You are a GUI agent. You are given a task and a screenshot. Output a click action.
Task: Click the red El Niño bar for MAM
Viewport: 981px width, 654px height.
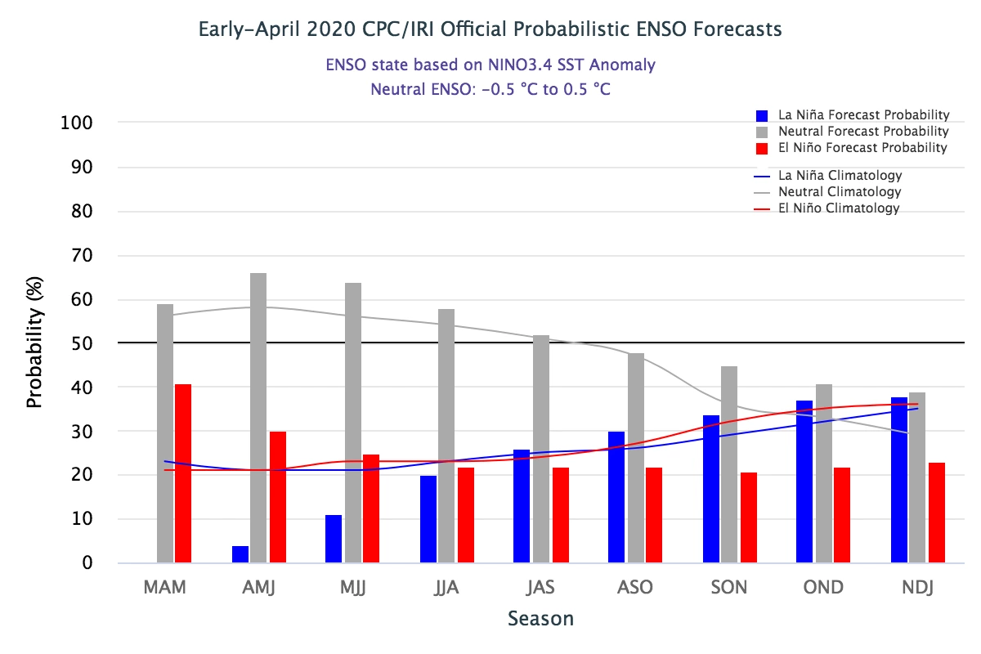pos(183,473)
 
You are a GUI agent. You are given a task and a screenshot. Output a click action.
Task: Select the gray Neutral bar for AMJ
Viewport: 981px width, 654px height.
pos(258,418)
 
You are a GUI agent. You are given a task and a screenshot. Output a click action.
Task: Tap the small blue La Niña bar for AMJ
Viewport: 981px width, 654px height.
pos(240,554)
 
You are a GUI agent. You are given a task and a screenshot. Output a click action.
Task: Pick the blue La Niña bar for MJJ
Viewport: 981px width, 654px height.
pos(334,539)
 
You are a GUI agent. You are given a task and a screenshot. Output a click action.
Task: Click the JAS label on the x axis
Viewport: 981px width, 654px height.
pos(540,589)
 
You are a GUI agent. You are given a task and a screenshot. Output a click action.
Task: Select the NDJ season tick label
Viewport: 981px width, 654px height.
pos(917,589)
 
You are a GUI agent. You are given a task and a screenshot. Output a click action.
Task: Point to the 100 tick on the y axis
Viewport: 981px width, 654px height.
pos(75,123)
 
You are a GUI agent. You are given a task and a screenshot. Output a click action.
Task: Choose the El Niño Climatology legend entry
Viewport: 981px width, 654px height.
pos(839,208)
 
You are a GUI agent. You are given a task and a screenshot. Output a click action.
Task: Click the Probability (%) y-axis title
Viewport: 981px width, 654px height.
pos(34,343)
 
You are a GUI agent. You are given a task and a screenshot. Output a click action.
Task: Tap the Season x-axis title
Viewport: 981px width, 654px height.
pos(540,619)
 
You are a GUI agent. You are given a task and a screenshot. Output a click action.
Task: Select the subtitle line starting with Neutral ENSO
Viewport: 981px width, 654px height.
pos(490,89)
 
